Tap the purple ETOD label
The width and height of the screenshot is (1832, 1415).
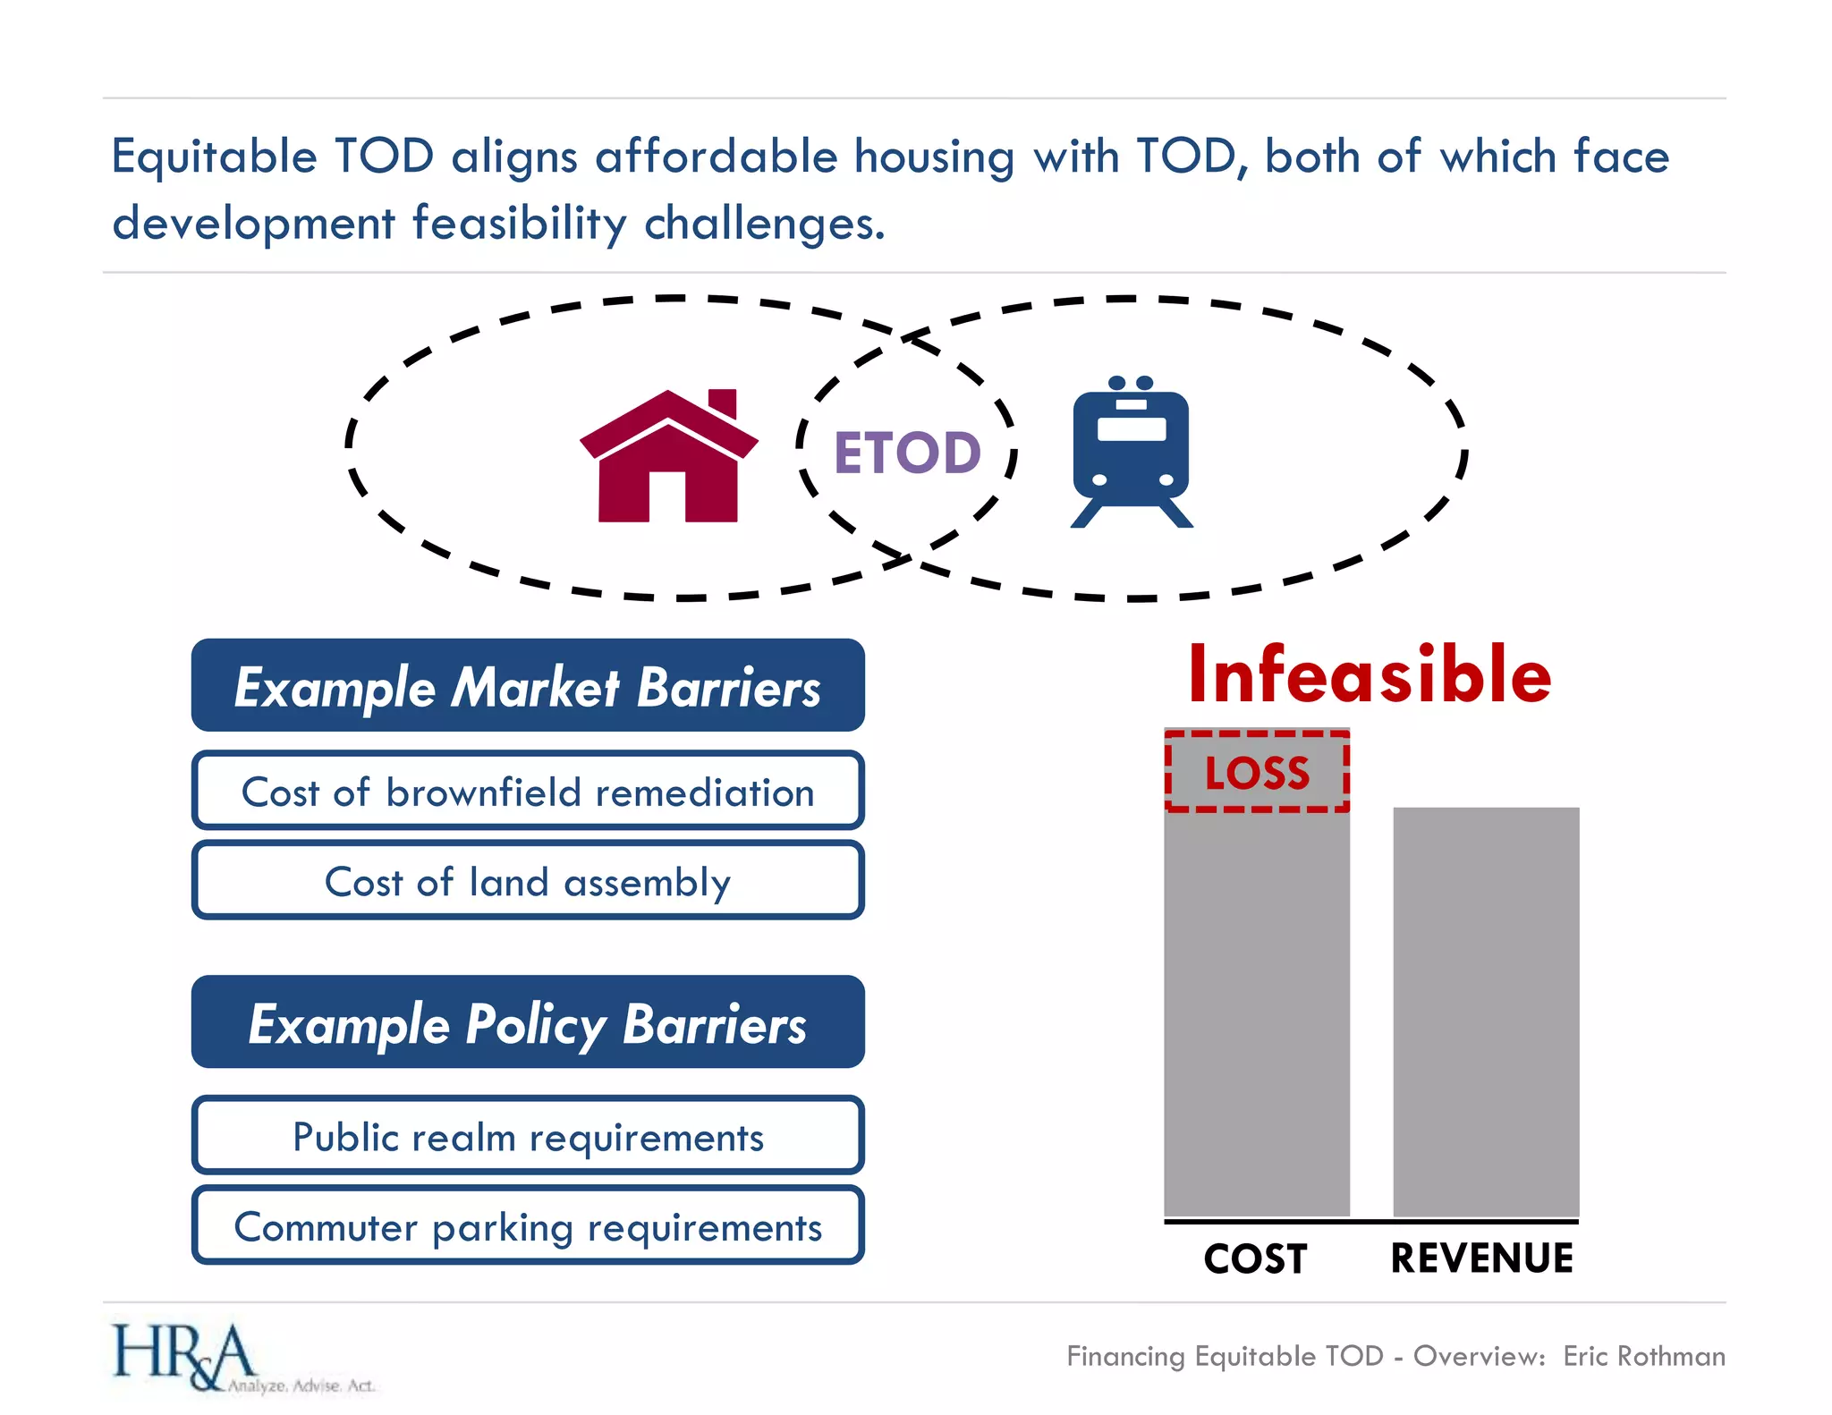907,453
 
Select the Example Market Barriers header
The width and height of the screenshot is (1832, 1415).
528,686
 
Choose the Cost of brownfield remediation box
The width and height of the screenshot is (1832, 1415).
528,792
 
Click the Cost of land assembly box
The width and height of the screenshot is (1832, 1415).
528,881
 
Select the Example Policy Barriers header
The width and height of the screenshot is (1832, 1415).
528,1022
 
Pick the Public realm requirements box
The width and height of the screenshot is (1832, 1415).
528,1136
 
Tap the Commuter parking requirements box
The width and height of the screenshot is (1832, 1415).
528,1226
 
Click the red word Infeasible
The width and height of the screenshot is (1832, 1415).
1369,675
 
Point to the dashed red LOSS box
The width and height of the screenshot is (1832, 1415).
1257,772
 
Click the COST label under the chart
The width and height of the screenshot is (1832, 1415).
1255,1258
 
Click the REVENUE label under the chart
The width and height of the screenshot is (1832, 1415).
1481,1258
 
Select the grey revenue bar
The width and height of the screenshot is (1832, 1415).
1486,1011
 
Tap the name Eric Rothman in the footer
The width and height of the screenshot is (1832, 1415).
1643,1356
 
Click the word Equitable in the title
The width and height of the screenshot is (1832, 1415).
215,157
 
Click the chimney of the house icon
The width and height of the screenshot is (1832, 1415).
723,402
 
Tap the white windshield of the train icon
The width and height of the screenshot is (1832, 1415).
1132,429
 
